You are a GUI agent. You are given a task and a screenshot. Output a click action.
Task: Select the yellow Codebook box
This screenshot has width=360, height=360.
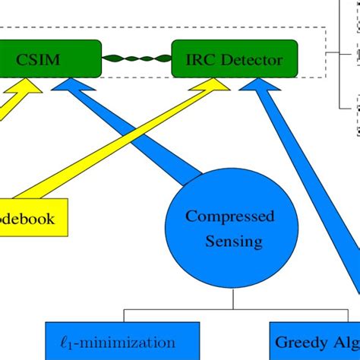pos(30,219)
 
